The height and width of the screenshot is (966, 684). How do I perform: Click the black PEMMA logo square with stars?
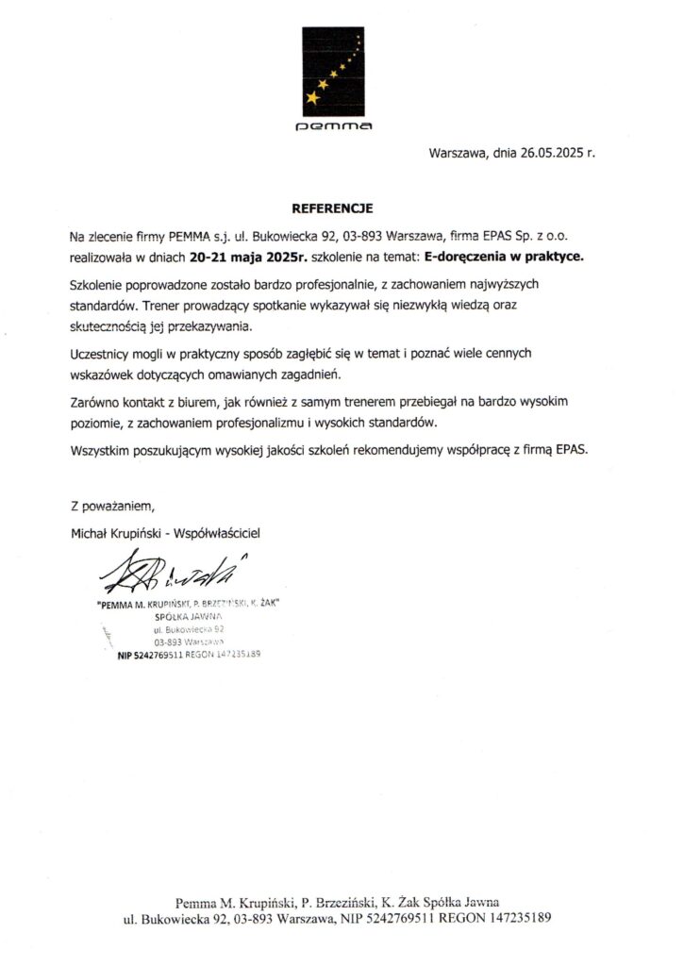click(x=332, y=67)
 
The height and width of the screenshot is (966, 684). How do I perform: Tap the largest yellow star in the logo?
click(x=312, y=97)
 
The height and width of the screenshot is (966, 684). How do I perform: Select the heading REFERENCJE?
click(x=332, y=207)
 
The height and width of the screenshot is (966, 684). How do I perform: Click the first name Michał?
click(x=91, y=533)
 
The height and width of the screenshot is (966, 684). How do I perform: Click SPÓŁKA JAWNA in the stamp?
click(x=188, y=617)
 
